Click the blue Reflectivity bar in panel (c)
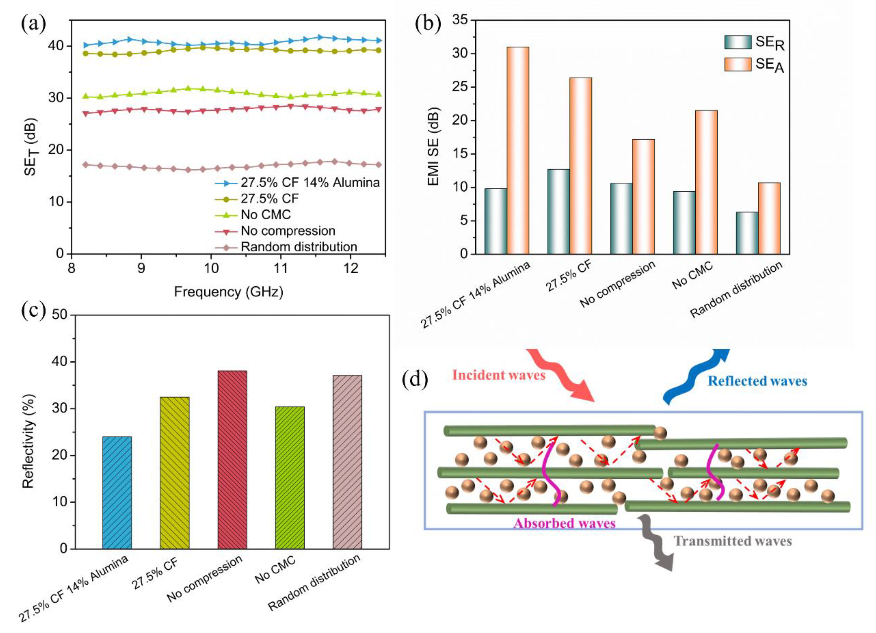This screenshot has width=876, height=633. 117,492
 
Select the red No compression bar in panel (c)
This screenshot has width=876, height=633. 232,460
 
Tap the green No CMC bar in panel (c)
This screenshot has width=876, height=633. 290,477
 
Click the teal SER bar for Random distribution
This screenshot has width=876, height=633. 746,233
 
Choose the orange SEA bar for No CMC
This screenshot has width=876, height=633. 706,182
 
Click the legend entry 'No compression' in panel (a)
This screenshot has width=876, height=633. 288,231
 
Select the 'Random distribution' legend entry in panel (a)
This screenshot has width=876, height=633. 299,247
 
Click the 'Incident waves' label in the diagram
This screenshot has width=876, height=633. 499,375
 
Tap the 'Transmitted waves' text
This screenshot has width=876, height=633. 733,541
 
